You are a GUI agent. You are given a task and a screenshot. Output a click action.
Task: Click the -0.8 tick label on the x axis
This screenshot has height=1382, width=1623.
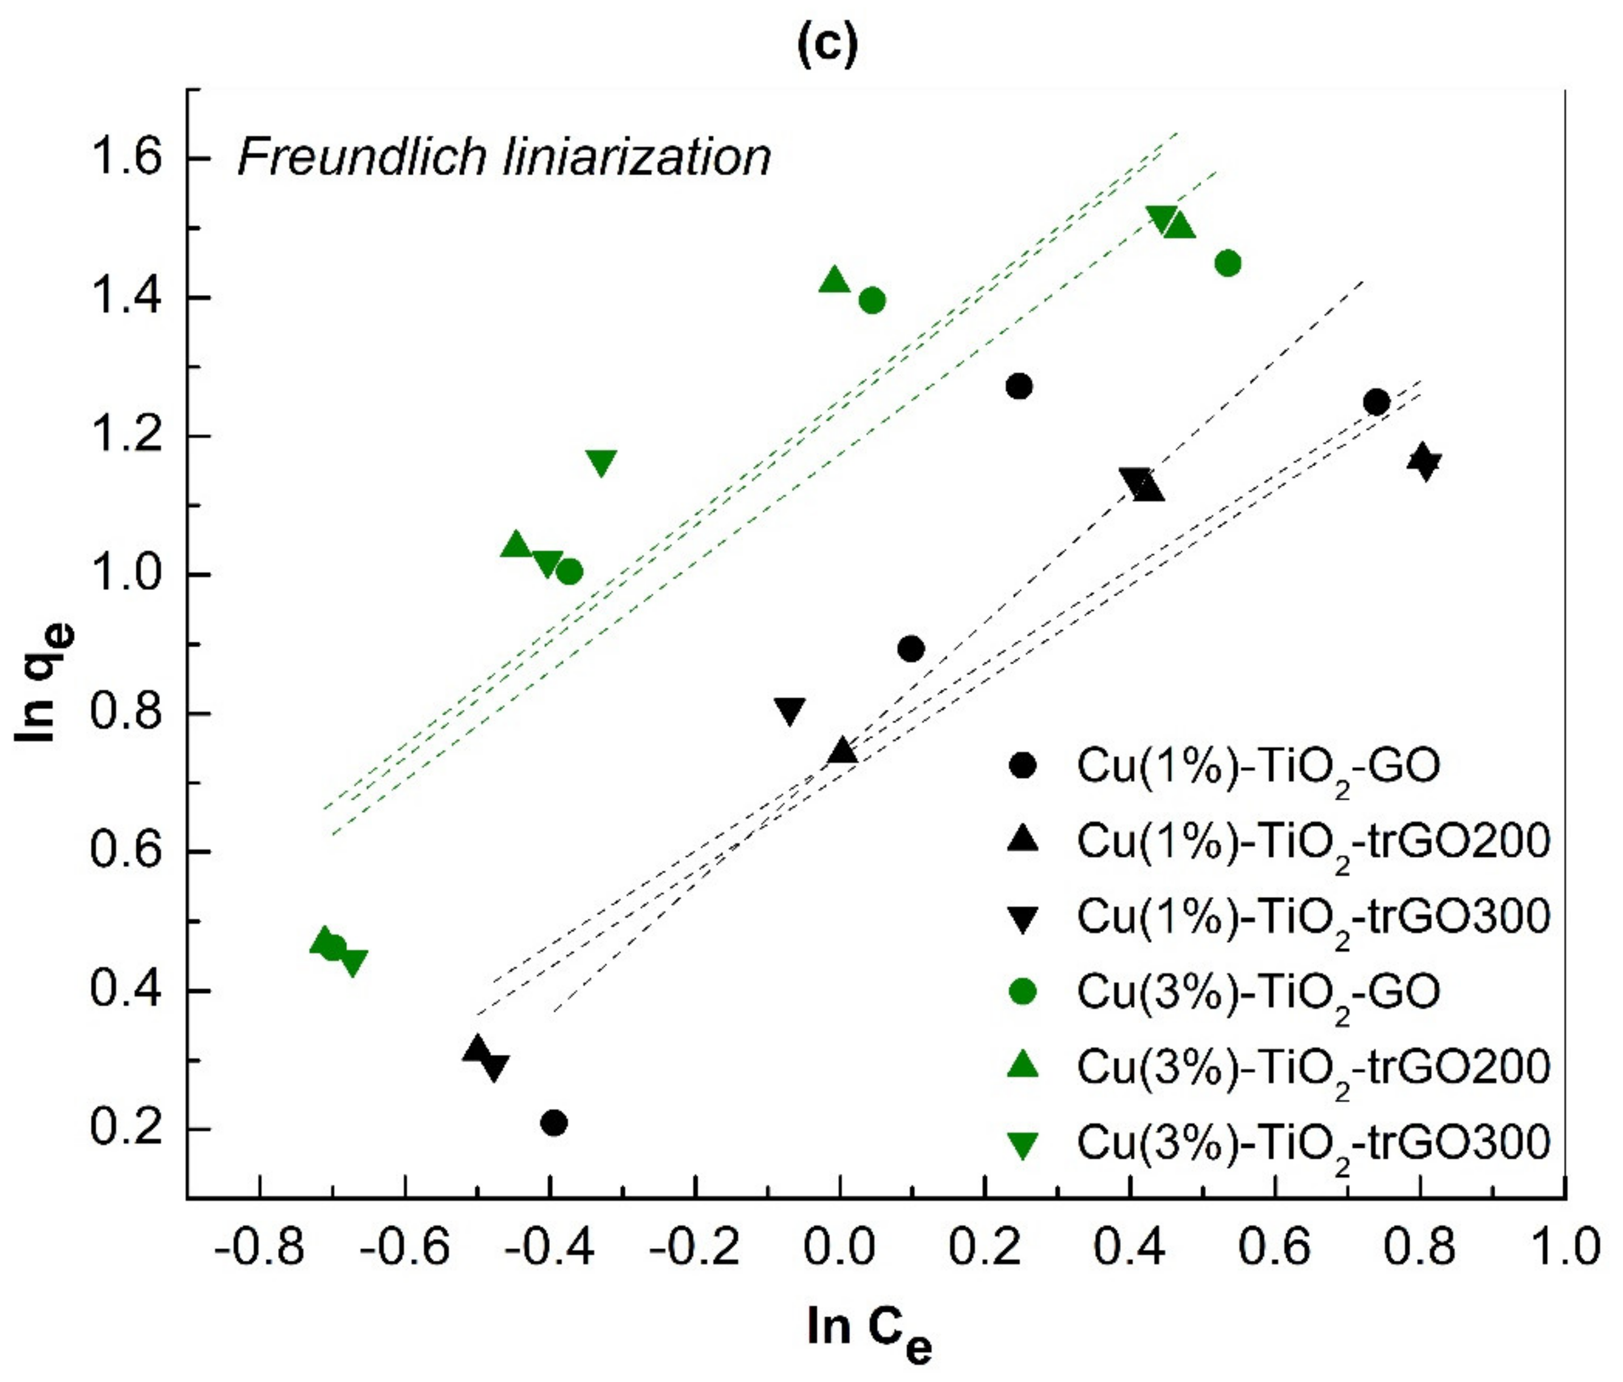pyautogui.click(x=259, y=1245)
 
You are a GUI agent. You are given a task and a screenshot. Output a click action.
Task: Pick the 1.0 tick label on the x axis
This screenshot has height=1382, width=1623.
pyautogui.click(x=1563, y=1245)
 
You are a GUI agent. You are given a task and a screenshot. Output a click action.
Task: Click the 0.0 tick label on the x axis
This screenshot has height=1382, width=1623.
pyautogui.click(x=839, y=1245)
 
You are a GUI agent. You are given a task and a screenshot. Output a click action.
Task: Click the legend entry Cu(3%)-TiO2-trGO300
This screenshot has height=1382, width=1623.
pyautogui.click(x=1313, y=1143)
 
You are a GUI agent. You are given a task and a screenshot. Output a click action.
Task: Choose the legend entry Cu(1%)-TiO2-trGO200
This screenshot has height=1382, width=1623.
pyautogui.click(x=1313, y=841)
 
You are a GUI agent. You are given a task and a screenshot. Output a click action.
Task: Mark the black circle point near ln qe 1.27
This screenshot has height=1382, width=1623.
pyautogui.click(x=1018, y=386)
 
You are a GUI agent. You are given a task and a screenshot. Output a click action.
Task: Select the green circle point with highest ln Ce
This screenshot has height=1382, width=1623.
pyautogui.click(x=1228, y=263)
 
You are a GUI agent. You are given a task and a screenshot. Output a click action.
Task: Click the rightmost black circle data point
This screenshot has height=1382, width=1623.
pyautogui.click(x=1376, y=402)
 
